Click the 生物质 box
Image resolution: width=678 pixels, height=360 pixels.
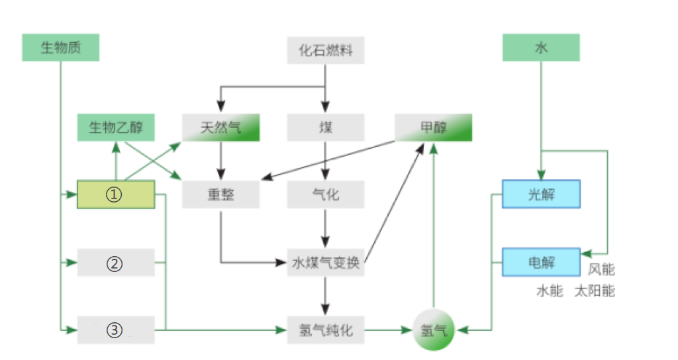pos(60,48)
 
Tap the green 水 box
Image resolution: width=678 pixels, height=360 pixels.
pos(541,48)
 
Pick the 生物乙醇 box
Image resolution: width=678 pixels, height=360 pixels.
pos(116,128)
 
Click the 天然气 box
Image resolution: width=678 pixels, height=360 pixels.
pos(220,128)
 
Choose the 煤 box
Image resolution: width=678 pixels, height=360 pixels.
pos(325,128)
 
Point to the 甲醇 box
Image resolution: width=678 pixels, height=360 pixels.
pos(433,128)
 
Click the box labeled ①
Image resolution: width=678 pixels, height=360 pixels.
pos(116,195)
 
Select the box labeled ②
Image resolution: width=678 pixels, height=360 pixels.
pos(116,263)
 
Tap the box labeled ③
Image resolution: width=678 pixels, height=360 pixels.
pos(116,330)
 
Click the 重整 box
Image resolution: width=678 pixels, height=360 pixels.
pos(220,195)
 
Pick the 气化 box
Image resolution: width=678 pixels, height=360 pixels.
pos(325,195)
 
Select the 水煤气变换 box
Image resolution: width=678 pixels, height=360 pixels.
pos(325,263)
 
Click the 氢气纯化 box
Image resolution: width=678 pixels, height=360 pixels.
pos(325,330)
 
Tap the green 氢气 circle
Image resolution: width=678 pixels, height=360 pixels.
pos(434,330)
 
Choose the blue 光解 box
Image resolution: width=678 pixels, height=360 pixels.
pos(541,195)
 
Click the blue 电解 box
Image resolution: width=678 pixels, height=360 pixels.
pos(541,263)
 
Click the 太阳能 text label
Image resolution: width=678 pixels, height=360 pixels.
pos(594,291)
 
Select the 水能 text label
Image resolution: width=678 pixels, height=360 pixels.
pos(549,291)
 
